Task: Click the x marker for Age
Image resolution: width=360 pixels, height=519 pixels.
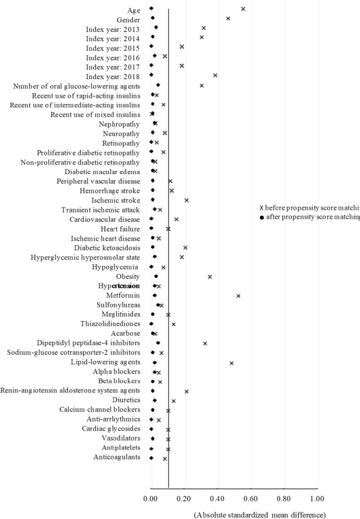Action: pyautogui.click(x=243, y=9)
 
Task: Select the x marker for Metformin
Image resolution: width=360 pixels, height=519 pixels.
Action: pyautogui.click(x=238, y=296)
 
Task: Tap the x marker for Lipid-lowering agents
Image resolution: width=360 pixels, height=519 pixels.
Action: pyautogui.click(x=231, y=363)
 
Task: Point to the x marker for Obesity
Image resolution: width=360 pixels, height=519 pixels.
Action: pyautogui.click(x=210, y=277)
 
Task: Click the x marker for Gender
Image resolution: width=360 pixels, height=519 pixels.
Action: pyautogui.click(x=228, y=18)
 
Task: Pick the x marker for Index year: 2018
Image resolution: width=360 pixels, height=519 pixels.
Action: pyautogui.click(x=215, y=75)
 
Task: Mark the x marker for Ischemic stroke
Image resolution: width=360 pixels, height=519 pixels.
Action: pyautogui.click(x=186, y=200)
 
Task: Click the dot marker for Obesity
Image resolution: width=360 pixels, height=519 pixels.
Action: pyautogui.click(x=156, y=276)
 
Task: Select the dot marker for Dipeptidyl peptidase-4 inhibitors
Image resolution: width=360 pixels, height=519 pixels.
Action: pyautogui.click(x=158, y=343)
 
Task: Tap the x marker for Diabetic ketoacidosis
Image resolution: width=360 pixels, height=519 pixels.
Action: pyautogui.click(x=185, y=247)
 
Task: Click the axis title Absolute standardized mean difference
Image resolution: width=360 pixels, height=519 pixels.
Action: pyautogui.click(x=260, y=515)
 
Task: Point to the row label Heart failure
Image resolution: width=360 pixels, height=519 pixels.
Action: pyautogui.click(x=120, y=229)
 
